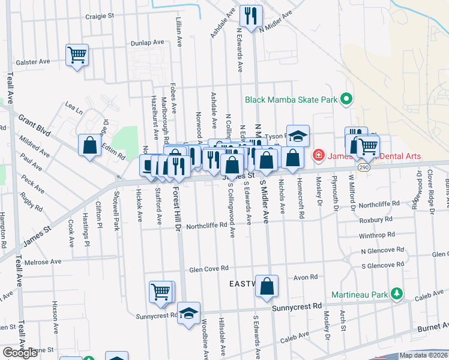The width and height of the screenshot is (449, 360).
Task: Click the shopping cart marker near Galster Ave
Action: point(77,55)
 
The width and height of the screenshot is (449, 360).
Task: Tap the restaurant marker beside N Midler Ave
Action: point(250,16)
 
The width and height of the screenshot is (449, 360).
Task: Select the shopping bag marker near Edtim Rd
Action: point(89,145)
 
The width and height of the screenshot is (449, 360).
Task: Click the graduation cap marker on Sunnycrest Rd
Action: point(188,314)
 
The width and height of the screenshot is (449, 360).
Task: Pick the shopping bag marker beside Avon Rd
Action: point(267,287)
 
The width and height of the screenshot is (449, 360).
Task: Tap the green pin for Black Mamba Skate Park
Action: point(346,100)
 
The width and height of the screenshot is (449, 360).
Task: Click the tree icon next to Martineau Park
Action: point(396,294)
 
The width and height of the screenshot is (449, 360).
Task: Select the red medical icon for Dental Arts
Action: point(318,157)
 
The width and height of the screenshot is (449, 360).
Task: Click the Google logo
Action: point(20,353)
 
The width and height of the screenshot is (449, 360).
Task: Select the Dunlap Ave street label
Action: point(148,43)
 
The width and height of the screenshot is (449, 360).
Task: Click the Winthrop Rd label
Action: point(376,235)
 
